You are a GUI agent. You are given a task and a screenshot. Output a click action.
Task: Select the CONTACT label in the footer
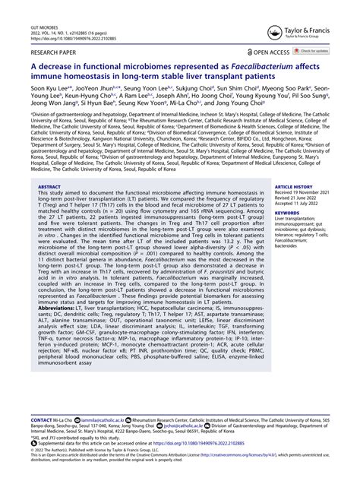point(41,419)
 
